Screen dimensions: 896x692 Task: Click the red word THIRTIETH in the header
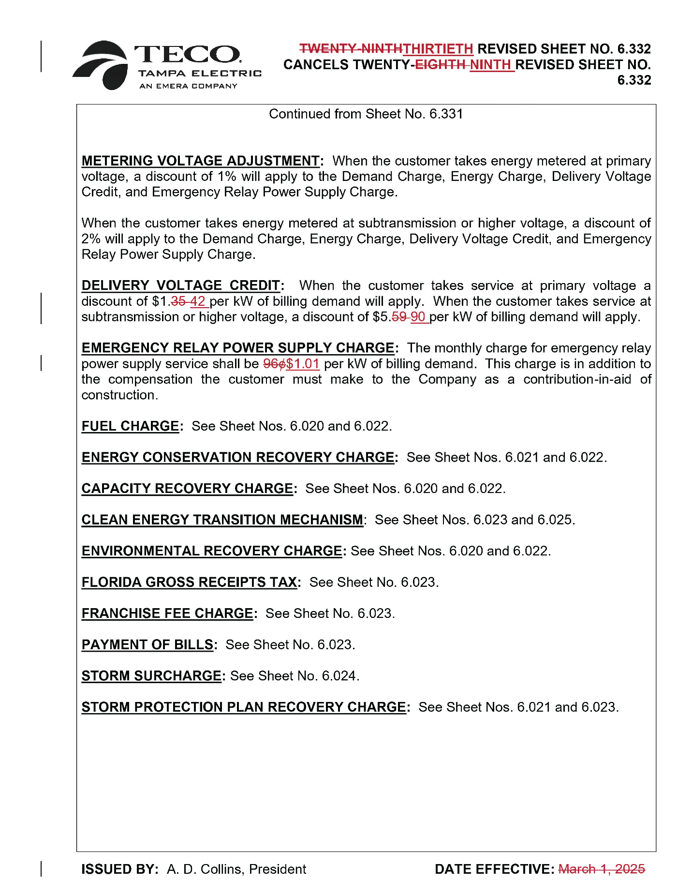[438, 49]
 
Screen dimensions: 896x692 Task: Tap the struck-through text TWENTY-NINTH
[351, 49]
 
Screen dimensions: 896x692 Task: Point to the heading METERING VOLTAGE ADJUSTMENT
[200, 161]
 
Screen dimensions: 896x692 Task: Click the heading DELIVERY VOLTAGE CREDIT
[181, 285]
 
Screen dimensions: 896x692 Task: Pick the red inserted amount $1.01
[303, 364]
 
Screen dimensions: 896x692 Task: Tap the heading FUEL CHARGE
[130, 426]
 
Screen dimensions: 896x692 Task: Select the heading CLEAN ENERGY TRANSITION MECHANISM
[222, 520]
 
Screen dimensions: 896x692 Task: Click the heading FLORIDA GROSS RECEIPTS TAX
[189, 582]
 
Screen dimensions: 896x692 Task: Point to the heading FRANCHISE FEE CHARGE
[167, 613]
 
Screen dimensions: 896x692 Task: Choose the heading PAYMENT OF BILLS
[147, 644]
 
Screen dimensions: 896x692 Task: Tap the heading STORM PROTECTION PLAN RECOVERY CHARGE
[243, 707]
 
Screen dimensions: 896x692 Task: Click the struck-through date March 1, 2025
[601, 869]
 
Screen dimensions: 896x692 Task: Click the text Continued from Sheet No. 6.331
[366, 114]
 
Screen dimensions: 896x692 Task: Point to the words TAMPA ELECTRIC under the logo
[199, 74]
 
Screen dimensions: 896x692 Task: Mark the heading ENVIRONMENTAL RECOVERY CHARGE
[212, 551]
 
